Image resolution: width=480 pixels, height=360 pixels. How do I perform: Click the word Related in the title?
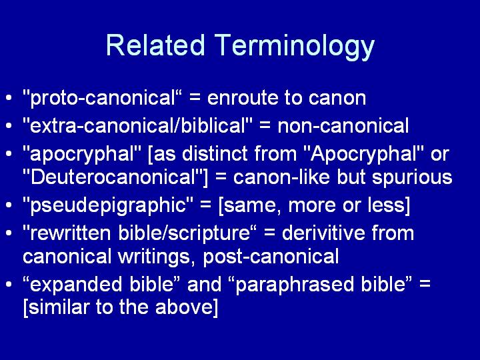tap(155, 45)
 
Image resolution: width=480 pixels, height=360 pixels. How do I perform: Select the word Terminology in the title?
tap(294, 48)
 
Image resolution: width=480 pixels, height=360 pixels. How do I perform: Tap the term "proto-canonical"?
tap(103, 97)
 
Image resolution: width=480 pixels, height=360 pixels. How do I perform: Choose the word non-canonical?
tap(343, 126)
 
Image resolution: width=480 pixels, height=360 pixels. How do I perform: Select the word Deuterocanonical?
tap(113, 177)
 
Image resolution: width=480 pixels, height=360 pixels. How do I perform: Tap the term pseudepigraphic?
tap(108, 205)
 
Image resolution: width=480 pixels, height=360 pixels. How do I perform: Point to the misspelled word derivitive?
tap(323, 233)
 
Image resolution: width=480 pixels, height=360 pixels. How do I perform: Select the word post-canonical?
tap(271, 257)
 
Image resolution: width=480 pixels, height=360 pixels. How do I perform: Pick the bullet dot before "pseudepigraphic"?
tap(9, 205)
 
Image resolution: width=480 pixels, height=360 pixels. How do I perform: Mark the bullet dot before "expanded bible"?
tap(9, 285)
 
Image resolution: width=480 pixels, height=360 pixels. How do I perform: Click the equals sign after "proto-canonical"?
tap(195, 99)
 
